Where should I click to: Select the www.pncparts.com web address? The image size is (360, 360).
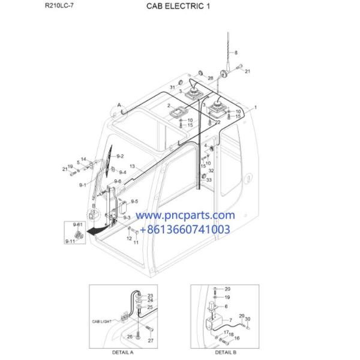[184, 215]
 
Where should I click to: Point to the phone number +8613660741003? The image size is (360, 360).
[185, 229]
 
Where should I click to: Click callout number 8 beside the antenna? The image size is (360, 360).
[236, 52]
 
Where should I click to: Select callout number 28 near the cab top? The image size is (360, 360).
[210, 79]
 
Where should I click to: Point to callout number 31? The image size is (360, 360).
[172, 88]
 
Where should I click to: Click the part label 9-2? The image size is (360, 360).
[120, 156]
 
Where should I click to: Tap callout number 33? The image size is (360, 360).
[209, 179]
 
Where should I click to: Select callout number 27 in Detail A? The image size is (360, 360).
[151, 341]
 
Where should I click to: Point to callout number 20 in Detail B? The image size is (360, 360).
[227, 289]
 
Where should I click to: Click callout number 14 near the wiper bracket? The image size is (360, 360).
[83, 159]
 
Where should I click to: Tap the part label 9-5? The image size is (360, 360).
[134, 201]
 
